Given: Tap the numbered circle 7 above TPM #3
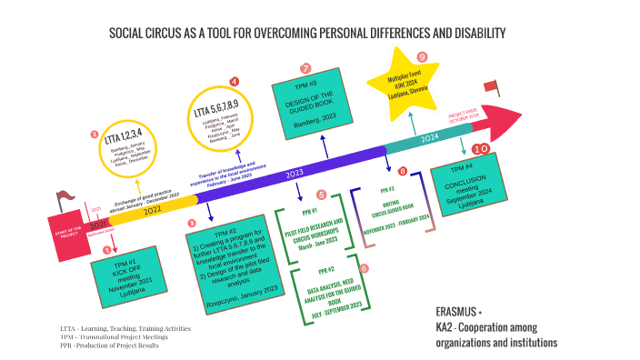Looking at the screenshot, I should click(305, 68).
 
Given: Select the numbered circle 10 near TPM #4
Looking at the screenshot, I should click(482, 148).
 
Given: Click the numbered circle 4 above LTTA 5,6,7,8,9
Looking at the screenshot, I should click(235, 82).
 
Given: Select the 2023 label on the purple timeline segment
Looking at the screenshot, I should click(295, 172).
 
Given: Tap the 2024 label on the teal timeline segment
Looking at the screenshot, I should click(432, 138).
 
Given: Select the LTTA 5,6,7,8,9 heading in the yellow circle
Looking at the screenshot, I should click(222, 114).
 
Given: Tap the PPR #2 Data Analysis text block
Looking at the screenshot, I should click(328, 291).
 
